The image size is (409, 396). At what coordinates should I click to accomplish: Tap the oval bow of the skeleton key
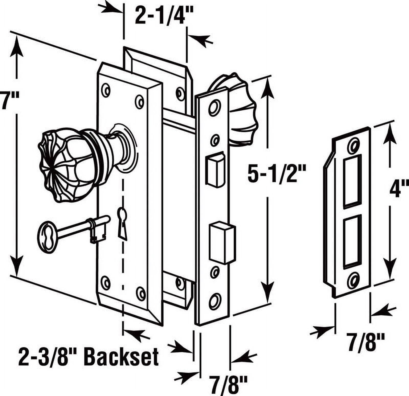[47, 237]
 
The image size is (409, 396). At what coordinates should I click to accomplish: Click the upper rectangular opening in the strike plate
[353, 181]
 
